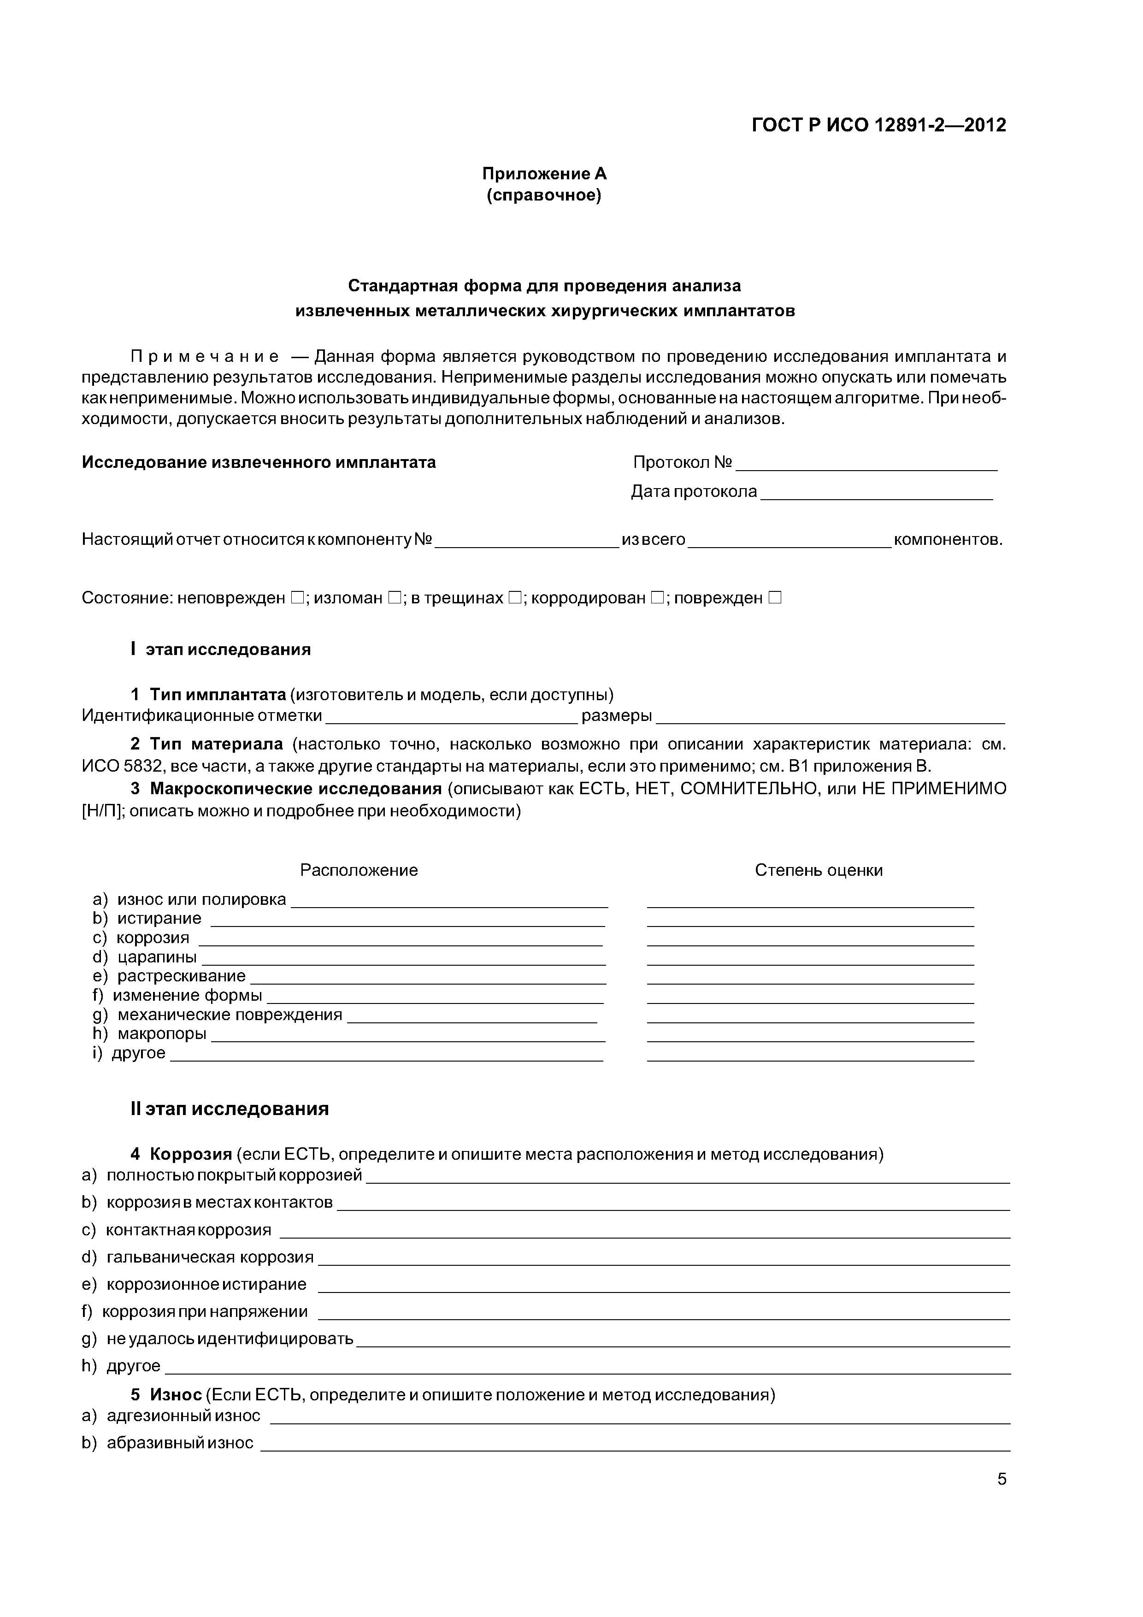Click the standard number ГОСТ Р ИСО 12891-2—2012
coord(879,125)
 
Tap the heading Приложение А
coord(544,173)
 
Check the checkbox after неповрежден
coord(296,598)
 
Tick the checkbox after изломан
coord(394,598)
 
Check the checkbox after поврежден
coord(775,598)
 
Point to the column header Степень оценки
coord(819,870)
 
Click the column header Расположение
coord(359,870)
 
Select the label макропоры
coord(162,1034)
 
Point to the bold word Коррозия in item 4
coord(191,1154)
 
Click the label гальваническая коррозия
coord(210,1257)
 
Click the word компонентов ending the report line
coord(947,539)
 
